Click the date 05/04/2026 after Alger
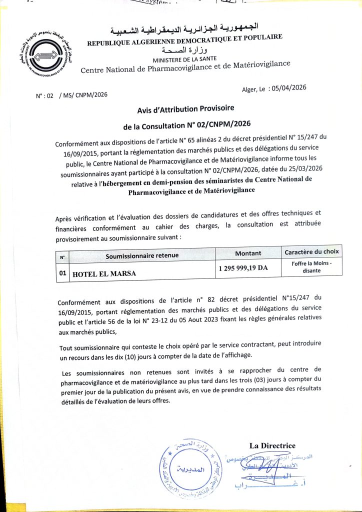pyautogui.click(x=287, y=87)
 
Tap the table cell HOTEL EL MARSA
pyautogui.click(x=104, y=273)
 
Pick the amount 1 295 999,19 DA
pyautogui.click(x=243, y=268)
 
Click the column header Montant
pyautogui.click(x=248, y=253)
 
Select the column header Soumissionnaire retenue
pyautogui.click(x=142, y=255)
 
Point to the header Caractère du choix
pyautogui.click(x=311, y=251)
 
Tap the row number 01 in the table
pyautogui.click(x=62, y=273)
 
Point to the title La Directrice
pyautogui.click(x=272, y=445)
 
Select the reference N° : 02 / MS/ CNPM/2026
pyautogui.click(x=71, y=94)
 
